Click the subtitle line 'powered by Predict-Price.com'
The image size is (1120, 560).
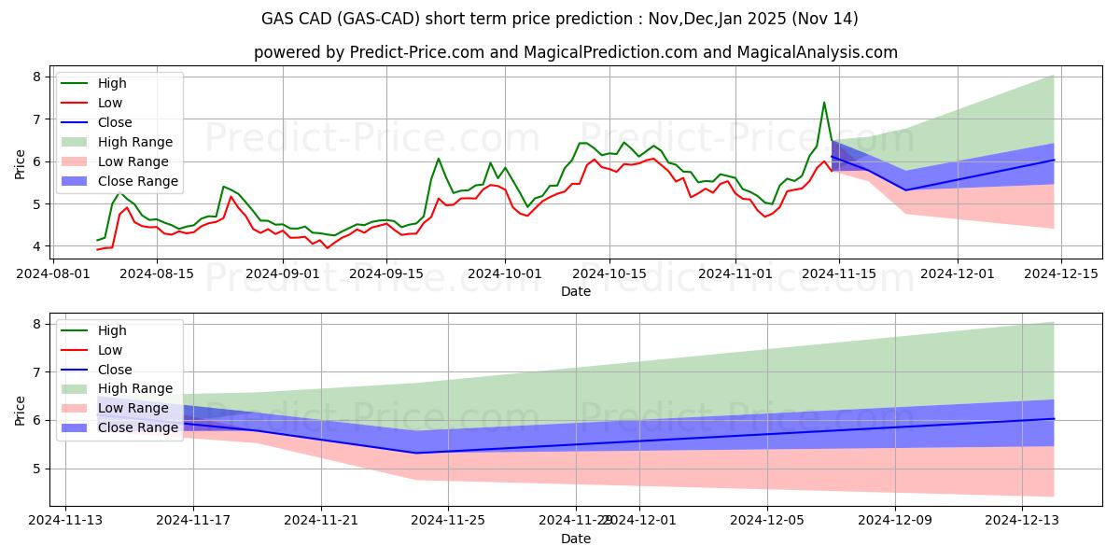click(x=575, y=52)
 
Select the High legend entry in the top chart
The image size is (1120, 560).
click(x=111, y=83)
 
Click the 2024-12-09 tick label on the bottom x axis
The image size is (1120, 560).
click(x=895, y=520)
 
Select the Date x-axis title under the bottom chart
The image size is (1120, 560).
click(x=575, y=539)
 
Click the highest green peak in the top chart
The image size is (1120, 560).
click(x=824, y=103)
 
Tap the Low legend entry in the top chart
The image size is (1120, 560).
click(x=109, y=103)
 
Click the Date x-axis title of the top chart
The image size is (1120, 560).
click(x=575, y=291)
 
